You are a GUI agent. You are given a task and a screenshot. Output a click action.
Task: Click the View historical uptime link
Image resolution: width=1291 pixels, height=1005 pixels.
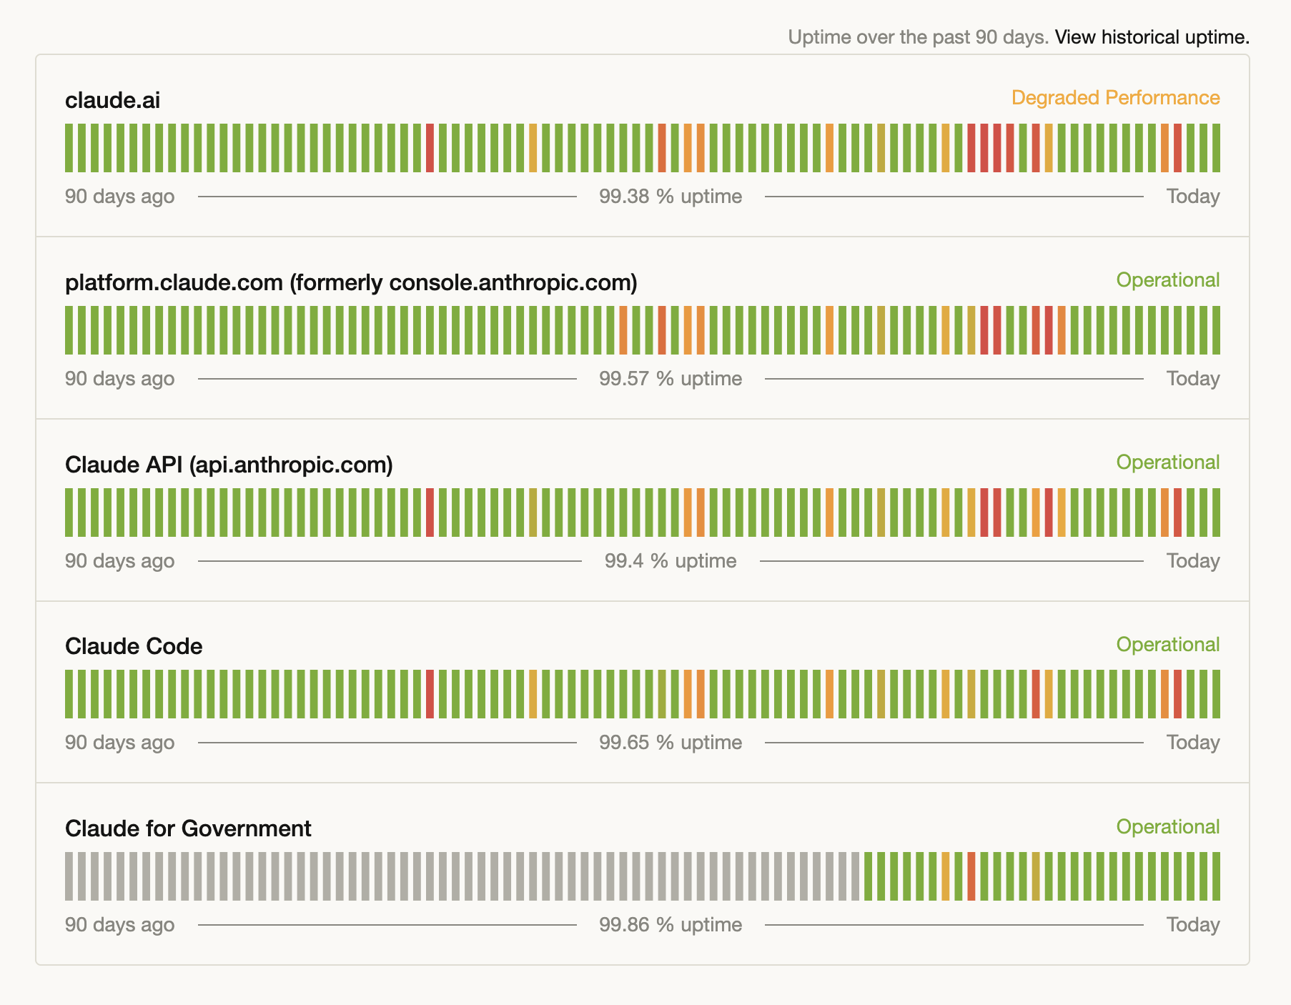[x=1152, y=37]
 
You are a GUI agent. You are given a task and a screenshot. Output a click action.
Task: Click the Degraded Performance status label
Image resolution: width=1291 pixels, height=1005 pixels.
[x=1115, y=98]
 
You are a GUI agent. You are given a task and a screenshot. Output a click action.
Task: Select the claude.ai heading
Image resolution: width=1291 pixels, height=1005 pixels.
[x=112, y=100]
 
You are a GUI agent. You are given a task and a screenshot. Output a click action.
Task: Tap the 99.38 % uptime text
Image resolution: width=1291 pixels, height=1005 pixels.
[x=670, y=197]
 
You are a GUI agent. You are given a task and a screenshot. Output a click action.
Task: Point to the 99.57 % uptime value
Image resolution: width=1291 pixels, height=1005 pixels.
[x=670, y=379]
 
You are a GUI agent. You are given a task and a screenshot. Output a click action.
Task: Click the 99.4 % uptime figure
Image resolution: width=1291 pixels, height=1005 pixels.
[x=670, y=561]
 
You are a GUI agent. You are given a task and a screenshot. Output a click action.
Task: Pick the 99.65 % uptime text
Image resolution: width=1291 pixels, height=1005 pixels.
[x=670, y=743]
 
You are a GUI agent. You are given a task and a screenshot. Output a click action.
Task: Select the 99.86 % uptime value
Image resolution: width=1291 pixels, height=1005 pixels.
[x=670, y=925]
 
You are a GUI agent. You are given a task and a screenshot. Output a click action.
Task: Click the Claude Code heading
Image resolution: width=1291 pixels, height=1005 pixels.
[x=134, y=646]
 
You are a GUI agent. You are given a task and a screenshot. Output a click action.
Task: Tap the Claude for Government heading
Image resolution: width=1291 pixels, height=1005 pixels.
[x=188, y=828]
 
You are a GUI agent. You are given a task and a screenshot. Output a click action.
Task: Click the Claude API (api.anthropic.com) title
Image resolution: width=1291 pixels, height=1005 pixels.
[x=229, y=465]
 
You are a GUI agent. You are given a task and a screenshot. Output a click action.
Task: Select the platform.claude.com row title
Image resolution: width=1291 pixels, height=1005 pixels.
[x=350, y=282]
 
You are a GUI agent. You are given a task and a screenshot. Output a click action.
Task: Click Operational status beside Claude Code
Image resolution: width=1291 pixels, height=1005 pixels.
[x=1167, y=645]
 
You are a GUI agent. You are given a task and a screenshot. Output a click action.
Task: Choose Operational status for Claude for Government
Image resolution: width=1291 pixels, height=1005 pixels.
[x=1167, y=827]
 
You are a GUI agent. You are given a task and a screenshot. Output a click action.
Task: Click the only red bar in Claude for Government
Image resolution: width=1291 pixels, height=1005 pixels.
[x=971, y=876]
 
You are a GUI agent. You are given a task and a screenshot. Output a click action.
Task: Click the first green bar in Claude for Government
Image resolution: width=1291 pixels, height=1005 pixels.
[x=869, y=876]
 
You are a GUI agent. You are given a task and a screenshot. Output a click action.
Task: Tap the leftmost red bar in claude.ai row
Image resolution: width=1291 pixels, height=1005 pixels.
[x=430, y=148]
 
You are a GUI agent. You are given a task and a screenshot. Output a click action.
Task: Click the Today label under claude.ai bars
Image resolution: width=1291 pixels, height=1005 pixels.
[x=1192, y=197]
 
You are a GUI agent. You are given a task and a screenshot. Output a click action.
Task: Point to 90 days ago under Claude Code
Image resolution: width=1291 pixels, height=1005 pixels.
[x=119, y=743]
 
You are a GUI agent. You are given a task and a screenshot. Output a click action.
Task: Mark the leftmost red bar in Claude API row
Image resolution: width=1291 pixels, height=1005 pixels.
[x=430, y=513]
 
